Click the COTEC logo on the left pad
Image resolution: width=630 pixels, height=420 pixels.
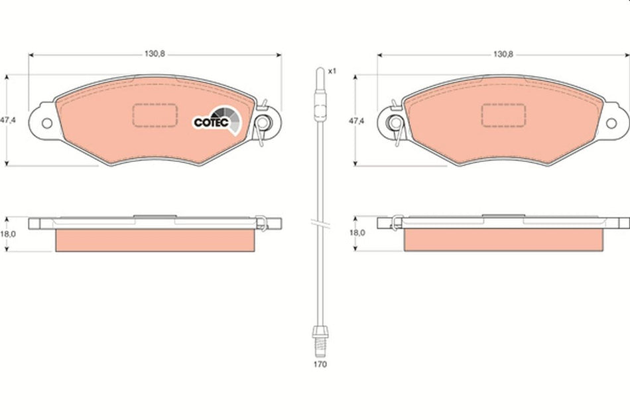click(211, 121)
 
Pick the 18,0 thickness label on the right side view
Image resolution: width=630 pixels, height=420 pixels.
click(357, 234)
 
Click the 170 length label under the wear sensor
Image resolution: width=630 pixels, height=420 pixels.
click(321, 364)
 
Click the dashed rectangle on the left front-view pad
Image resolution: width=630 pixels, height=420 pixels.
click(155, 115)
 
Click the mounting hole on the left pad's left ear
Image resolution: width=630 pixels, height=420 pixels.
click(46, 123)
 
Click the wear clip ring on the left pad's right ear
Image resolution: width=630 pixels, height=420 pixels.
click(263, 122)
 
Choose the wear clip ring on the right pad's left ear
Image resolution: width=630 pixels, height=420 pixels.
click(396, 122)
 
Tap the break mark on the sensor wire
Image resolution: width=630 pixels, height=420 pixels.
click(320, 224)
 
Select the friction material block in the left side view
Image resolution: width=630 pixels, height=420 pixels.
click(155, 240)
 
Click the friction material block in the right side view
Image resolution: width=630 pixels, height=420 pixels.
click(504, 240)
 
